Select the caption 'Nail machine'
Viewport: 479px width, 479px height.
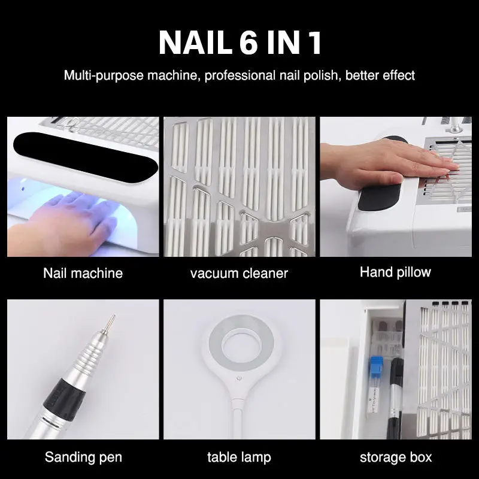pyautogui.click(x=83, y=274)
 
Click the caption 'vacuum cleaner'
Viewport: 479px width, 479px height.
pyautogui.click(x=239, y=274)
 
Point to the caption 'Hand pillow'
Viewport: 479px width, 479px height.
pyautogui.click(x=395, y=272)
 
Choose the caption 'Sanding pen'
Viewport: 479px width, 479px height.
pyautogui.click(x=83, y=457)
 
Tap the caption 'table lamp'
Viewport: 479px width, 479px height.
pyautogui.click(x=239, y=457)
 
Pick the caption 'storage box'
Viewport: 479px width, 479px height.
pyautogui.click(x=395, y=457)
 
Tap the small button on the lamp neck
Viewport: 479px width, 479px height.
pyautogui.click(x=239, y=378)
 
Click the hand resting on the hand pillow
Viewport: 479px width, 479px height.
pyautogui.click(x=383, y=160)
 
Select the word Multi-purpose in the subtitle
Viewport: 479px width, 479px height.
pyautogui.click(x=101, y=76)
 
